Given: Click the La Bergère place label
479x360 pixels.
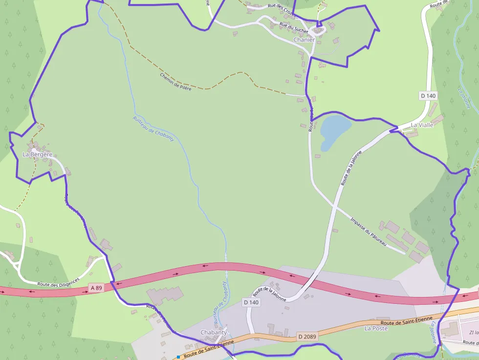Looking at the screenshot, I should pyautogui.click(x=37, y=154).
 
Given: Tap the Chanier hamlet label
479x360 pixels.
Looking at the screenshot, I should pyautogui.click(x=304, y=40).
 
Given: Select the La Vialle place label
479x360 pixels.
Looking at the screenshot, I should pyautogui.click(x=422, y=125).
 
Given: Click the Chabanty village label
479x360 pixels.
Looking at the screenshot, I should pyautogui.click(x=214, y=332).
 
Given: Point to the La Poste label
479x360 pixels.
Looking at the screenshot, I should pyautogui.click(x=376, y=328).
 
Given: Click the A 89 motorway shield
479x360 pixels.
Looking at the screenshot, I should pyautogui.click(x=96, y=288).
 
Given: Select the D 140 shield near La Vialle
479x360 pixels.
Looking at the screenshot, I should pyautogui.click(x=428, y=96).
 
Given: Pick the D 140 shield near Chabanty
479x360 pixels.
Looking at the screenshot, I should pyautogui.click(x=251, y=303).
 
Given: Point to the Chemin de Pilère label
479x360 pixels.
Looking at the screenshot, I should pyautogui.click(x=175, y=81).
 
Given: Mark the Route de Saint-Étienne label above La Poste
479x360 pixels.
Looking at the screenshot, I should pyautogui.click(x=407, y=320).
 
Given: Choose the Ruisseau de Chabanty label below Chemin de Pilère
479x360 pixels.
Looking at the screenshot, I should pyautogui.click(x=153, y=128).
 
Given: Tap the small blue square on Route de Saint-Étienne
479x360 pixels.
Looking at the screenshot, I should pyautogui.click(x=179, y=357).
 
